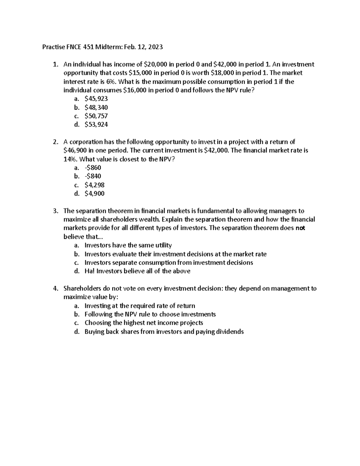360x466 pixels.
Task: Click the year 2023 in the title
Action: pyautogui.click(x=156, y=47)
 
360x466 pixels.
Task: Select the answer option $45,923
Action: pyautogui.click(x=96, y=99)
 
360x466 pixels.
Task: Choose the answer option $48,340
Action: pyautogui.click(x=96, y=107)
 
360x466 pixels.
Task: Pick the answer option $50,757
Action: pyautogui.click(x=96, y=116)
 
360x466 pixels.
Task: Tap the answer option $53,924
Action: pyautogui.click(x=96, y=125)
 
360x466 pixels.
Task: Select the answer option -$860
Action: pyautogui.click(x=93, y=168)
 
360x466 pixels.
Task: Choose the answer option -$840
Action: pyautogui.click(x=93, y=176)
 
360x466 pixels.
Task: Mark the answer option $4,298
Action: pyautogui.click(x=94, y=185)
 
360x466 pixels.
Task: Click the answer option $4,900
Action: pyautogui.click(x=94, y=194)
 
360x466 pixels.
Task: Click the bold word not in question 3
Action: pyautogui.click(x=300, y=228)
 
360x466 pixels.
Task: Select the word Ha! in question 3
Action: pyautogui.click(x=90, y=271)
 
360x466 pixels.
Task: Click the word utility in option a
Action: pyautogui.click(x=163, y=245)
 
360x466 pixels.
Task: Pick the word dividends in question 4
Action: pyautogui.click(x=230, y=332)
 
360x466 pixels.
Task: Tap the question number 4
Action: pyautogui.click(x=55, y=289)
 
